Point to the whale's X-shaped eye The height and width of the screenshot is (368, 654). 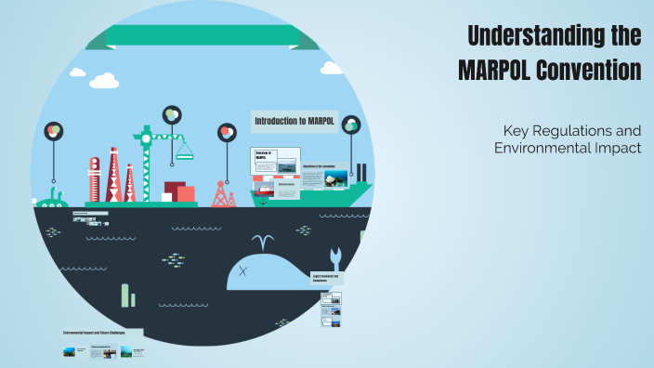pos(243,271)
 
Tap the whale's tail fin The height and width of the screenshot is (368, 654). pos(335,256)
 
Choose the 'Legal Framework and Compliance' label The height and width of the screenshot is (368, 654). pos(326,278)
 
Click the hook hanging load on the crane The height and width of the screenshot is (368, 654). pos(185,150)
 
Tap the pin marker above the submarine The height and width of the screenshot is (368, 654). pos(54,131)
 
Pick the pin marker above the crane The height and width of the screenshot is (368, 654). pos(171,114)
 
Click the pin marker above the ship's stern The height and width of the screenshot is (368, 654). pos(350,125)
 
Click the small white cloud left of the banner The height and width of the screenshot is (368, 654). pos(101,80)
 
